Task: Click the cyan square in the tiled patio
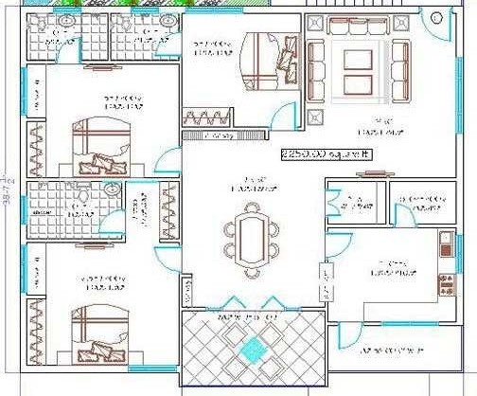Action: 251,349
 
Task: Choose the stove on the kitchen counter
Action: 445,279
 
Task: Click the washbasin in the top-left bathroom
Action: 67,21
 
